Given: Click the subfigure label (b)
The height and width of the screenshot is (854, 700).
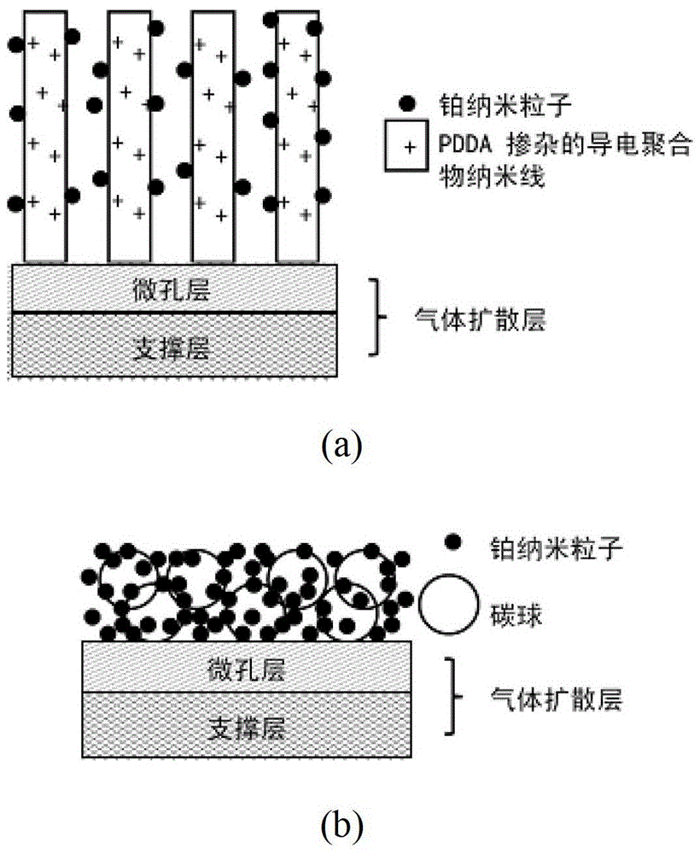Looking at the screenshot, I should [x=343, y=825].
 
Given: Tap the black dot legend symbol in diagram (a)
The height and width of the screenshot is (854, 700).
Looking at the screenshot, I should [x=409, y=103].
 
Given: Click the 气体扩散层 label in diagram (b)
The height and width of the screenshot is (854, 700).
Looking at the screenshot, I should [x=556, y=700].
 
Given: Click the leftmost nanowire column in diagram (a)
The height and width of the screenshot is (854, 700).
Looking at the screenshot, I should [x=44, y=137].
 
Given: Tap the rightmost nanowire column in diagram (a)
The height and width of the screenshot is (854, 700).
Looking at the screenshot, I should [x=298, y=137].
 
